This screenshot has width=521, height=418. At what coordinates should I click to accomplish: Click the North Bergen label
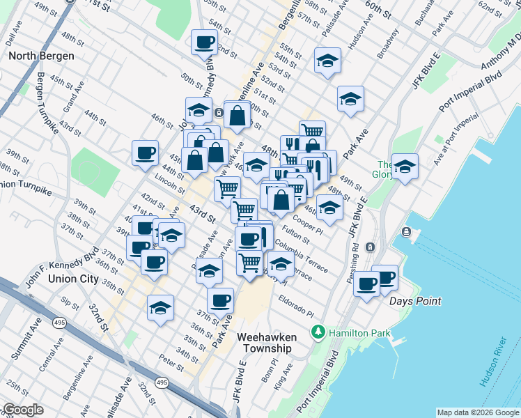pyautogui.click(x=37, y=55)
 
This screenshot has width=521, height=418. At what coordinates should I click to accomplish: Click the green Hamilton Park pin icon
pyautogui.click(x=319, y=332)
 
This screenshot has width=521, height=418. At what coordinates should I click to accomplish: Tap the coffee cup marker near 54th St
pyautogui.click(x=205, y=43)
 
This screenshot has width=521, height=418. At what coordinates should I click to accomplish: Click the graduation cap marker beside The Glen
pyautogui.click(x=405, y=167)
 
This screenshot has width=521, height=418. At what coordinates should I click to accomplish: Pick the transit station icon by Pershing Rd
pyautogui.click(x=371, y=246)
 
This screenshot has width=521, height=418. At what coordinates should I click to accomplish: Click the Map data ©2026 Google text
pyautogui.click(x=477, y=412)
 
